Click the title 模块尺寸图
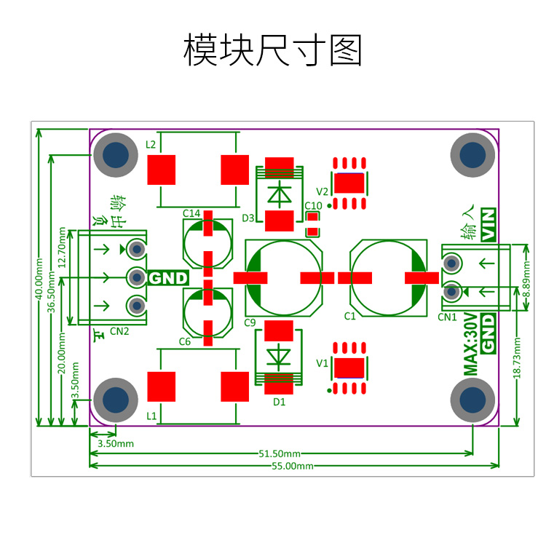272,50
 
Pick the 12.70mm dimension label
62,249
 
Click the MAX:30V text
470,344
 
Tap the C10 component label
313,205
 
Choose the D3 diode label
248,218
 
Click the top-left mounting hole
116,155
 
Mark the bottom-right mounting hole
472,400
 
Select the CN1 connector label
447,317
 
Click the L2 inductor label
151,144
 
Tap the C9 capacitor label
250,322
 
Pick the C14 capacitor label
191,213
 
